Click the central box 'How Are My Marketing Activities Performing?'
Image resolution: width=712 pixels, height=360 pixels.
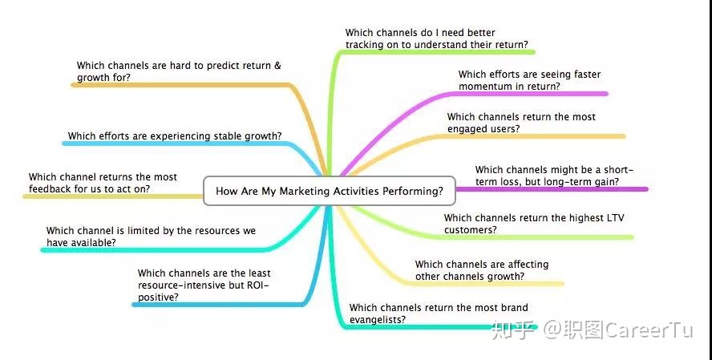[330, 191]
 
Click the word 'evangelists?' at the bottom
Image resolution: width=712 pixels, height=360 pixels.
[378, 320]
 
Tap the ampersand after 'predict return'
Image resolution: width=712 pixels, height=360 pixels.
[277, 66]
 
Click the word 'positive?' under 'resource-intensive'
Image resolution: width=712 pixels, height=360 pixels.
[158, 297]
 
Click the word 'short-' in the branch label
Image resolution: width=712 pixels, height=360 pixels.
[618, 170]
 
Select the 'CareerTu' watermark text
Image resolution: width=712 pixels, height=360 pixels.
[649, 330]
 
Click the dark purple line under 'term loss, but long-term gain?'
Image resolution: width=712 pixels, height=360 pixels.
[552, 189]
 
